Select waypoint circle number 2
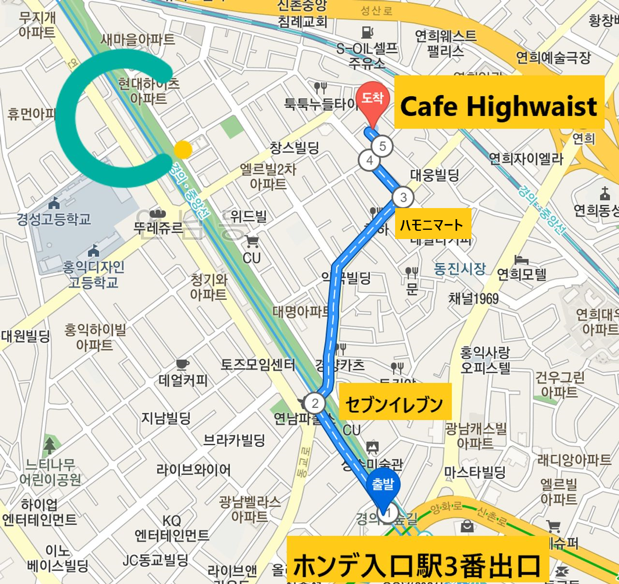315,403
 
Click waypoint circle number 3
403,197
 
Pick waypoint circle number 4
369,161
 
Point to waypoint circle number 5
383,146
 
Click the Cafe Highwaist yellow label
499,103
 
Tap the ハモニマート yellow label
432,224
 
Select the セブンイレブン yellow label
395,402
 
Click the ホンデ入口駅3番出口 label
417,564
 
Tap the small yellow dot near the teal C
183,150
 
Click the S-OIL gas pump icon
368,32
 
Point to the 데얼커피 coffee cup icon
182,364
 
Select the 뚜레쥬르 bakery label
159,227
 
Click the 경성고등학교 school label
54,219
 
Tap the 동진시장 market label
459,269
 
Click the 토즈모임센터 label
257,364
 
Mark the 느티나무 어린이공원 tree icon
49,445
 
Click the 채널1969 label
473,299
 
